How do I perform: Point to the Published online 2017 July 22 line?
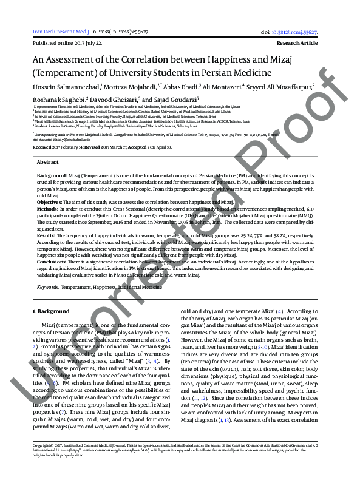(x=67, y=44)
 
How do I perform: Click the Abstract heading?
(x=48, y=163)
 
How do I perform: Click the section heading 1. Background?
(x=51, y=311)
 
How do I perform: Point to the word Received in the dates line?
(x=42, y=147)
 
